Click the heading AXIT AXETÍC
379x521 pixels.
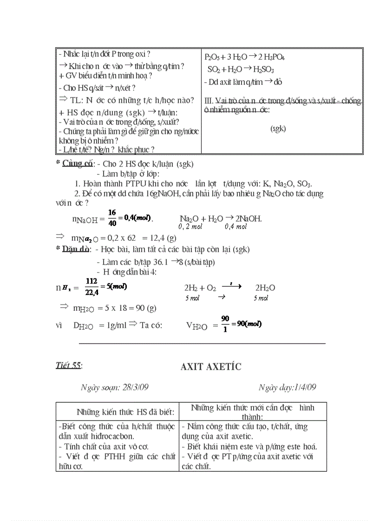pyautogui.click(x=211, y=367)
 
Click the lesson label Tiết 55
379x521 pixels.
pyautogui.click(x=68, y=365)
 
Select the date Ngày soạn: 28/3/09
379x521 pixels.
pyautogui.click(x=114, y=387)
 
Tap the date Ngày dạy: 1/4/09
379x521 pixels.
pyautogui.click(x=287, y=387)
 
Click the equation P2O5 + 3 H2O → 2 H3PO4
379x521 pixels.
pyautogui.click(x=245, y=58)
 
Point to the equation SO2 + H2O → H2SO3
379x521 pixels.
pyautogui.click(x=241, y=70)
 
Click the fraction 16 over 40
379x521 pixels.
pyautogui.click(x=112, y=218)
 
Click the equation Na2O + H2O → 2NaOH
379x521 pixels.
pyautogui.click(x=221, y=218)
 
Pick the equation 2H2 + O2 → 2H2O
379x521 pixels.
pyautogui.click(x=229, y=288)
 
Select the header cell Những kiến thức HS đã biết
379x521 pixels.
pyautogui.click(x=125, y=412)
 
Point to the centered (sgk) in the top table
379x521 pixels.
pyautogui.click(x=278, y=129)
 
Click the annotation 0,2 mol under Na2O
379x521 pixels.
pyautogui.click(x=190, y=227)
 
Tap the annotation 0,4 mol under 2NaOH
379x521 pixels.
pyautogui.click(x=235, y=227)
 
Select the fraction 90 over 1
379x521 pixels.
pyautogui.click(x=225, y=324)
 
